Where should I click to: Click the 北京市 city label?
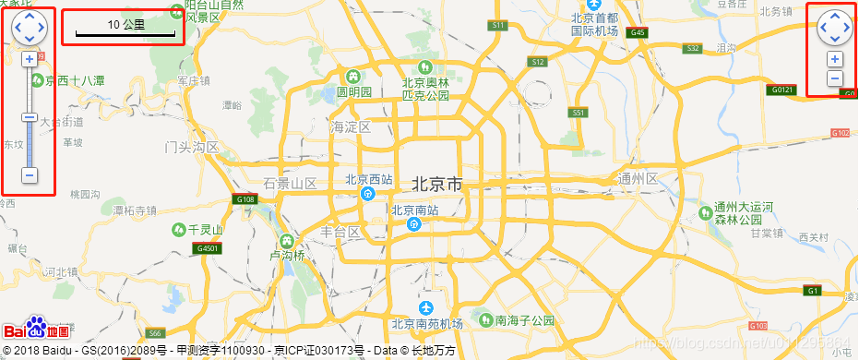click(436, 185)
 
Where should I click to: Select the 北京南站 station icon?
click(414, 222)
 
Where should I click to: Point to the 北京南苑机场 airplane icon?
click(425, 307)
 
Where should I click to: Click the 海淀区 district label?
click(351, 126)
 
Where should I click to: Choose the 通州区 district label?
click(638, 178)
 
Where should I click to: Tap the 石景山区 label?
click(290, 183)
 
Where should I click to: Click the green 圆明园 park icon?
click(352, 75)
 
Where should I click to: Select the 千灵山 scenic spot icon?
click(177, 229)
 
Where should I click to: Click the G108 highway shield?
click(245, 199)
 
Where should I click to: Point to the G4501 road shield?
click(208, 248)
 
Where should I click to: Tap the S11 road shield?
click(499, 25)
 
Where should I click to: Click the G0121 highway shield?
click(781, 90)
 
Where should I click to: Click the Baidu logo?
click(36, 330)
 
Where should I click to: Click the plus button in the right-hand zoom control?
click(834, 59)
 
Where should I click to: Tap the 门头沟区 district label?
click(191, 147)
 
